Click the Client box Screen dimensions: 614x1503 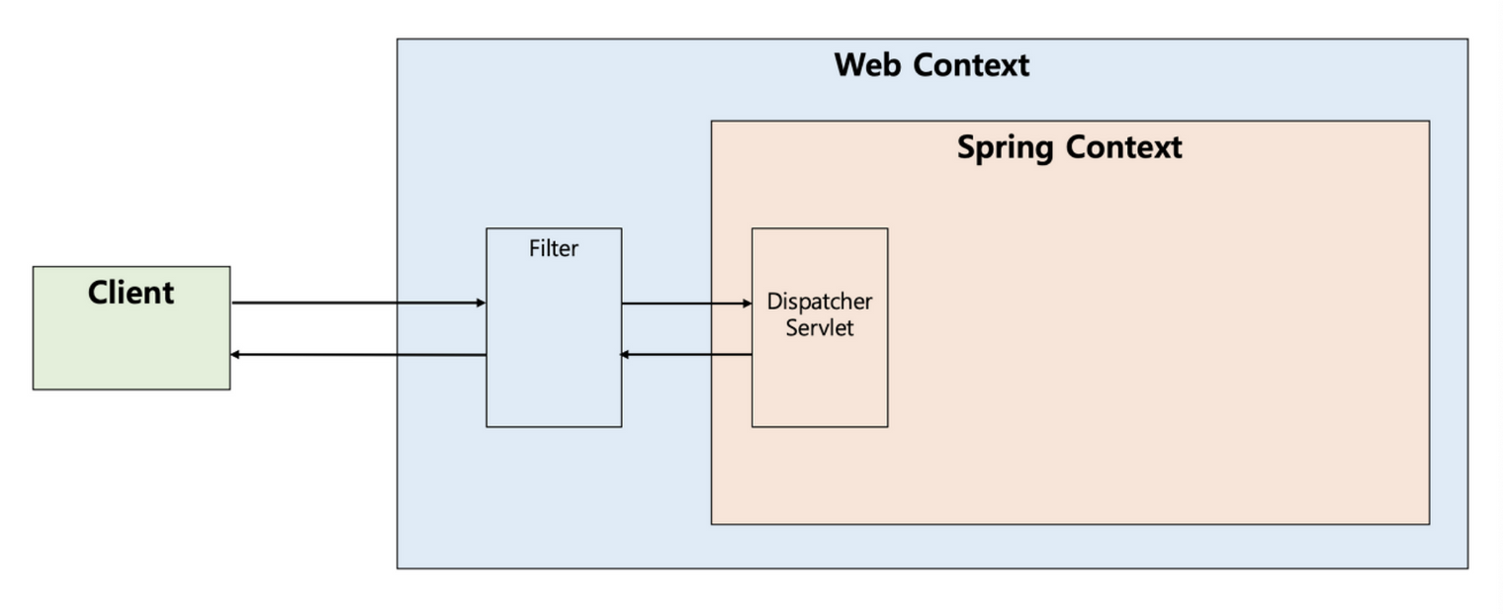tap(131, 341)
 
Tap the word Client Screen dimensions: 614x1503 tap(131, 293)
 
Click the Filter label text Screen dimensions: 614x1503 tap(553, 249)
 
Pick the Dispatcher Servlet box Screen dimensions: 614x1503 tap(819, 376)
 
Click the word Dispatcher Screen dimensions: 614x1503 tap(820, 302)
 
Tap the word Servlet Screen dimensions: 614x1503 tap(820, 327)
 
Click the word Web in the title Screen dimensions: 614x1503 tap(867, 65)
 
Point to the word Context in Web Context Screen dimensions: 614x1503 tap(971, 65)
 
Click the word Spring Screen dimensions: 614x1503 tap(1006, 147)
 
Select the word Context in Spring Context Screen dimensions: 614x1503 tap(1125, 147)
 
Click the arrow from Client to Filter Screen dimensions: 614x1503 tap(356, 303)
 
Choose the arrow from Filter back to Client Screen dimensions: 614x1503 tap(356, 354)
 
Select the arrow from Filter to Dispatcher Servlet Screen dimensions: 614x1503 tap(686, 304)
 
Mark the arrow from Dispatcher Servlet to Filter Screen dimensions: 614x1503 tap(686, 354)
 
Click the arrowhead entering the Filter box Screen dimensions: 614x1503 tap(481, 303)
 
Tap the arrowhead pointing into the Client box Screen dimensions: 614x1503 tap(236, 354)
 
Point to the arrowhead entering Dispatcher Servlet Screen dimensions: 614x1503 tap(747, 304)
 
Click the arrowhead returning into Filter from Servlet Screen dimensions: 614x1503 tap(626, 354)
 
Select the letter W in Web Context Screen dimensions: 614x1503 tap(850, 65)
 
